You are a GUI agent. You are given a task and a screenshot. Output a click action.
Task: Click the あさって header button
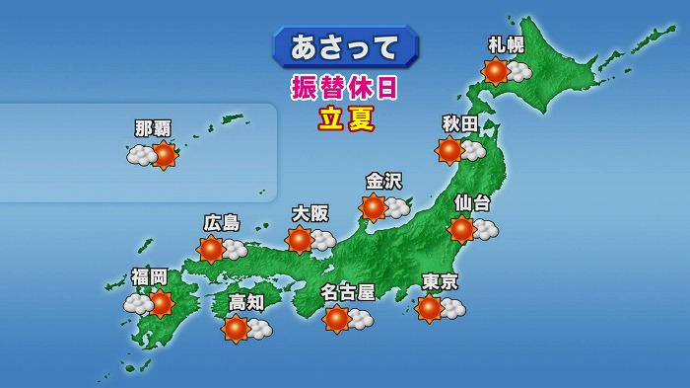(x=344, y=46)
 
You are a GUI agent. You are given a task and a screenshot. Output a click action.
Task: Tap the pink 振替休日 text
(x=344, y=87)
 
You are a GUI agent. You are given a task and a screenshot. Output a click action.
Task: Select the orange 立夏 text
(x=344, y=118)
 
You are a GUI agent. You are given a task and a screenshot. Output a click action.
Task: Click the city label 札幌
(x=507, y=44)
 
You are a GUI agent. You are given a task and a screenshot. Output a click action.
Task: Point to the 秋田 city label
(x=460, y=123)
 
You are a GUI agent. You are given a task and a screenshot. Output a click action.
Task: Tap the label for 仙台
(x=472, y=202)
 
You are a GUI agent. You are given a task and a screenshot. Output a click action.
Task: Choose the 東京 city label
(x=440, y=281)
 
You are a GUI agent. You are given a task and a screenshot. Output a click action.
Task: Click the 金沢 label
(x=383, y=181)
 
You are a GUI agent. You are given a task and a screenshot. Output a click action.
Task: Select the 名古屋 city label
(x=348, y=292)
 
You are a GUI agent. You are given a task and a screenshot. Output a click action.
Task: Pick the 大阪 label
(x=310, y=213)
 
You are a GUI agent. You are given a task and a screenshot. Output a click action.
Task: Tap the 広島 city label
(x=222, y=223)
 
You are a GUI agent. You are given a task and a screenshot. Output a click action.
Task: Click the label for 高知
(x=245, y=302)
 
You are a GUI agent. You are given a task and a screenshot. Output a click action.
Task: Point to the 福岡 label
(x=150, y=276)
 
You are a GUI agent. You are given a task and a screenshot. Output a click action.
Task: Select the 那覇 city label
(x=153, y=128)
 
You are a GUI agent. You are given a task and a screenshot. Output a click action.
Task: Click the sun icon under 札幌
(x=495, y=71)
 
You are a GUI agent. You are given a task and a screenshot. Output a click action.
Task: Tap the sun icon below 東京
(x=429, y=308)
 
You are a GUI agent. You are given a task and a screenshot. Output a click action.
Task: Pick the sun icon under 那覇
(x=163, y=155)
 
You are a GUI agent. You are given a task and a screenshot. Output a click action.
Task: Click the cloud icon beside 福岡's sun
(x=137, y=305)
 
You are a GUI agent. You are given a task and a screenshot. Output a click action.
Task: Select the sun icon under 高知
(x=236, y=329)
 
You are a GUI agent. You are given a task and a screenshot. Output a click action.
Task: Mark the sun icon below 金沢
(x=373, y=207)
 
